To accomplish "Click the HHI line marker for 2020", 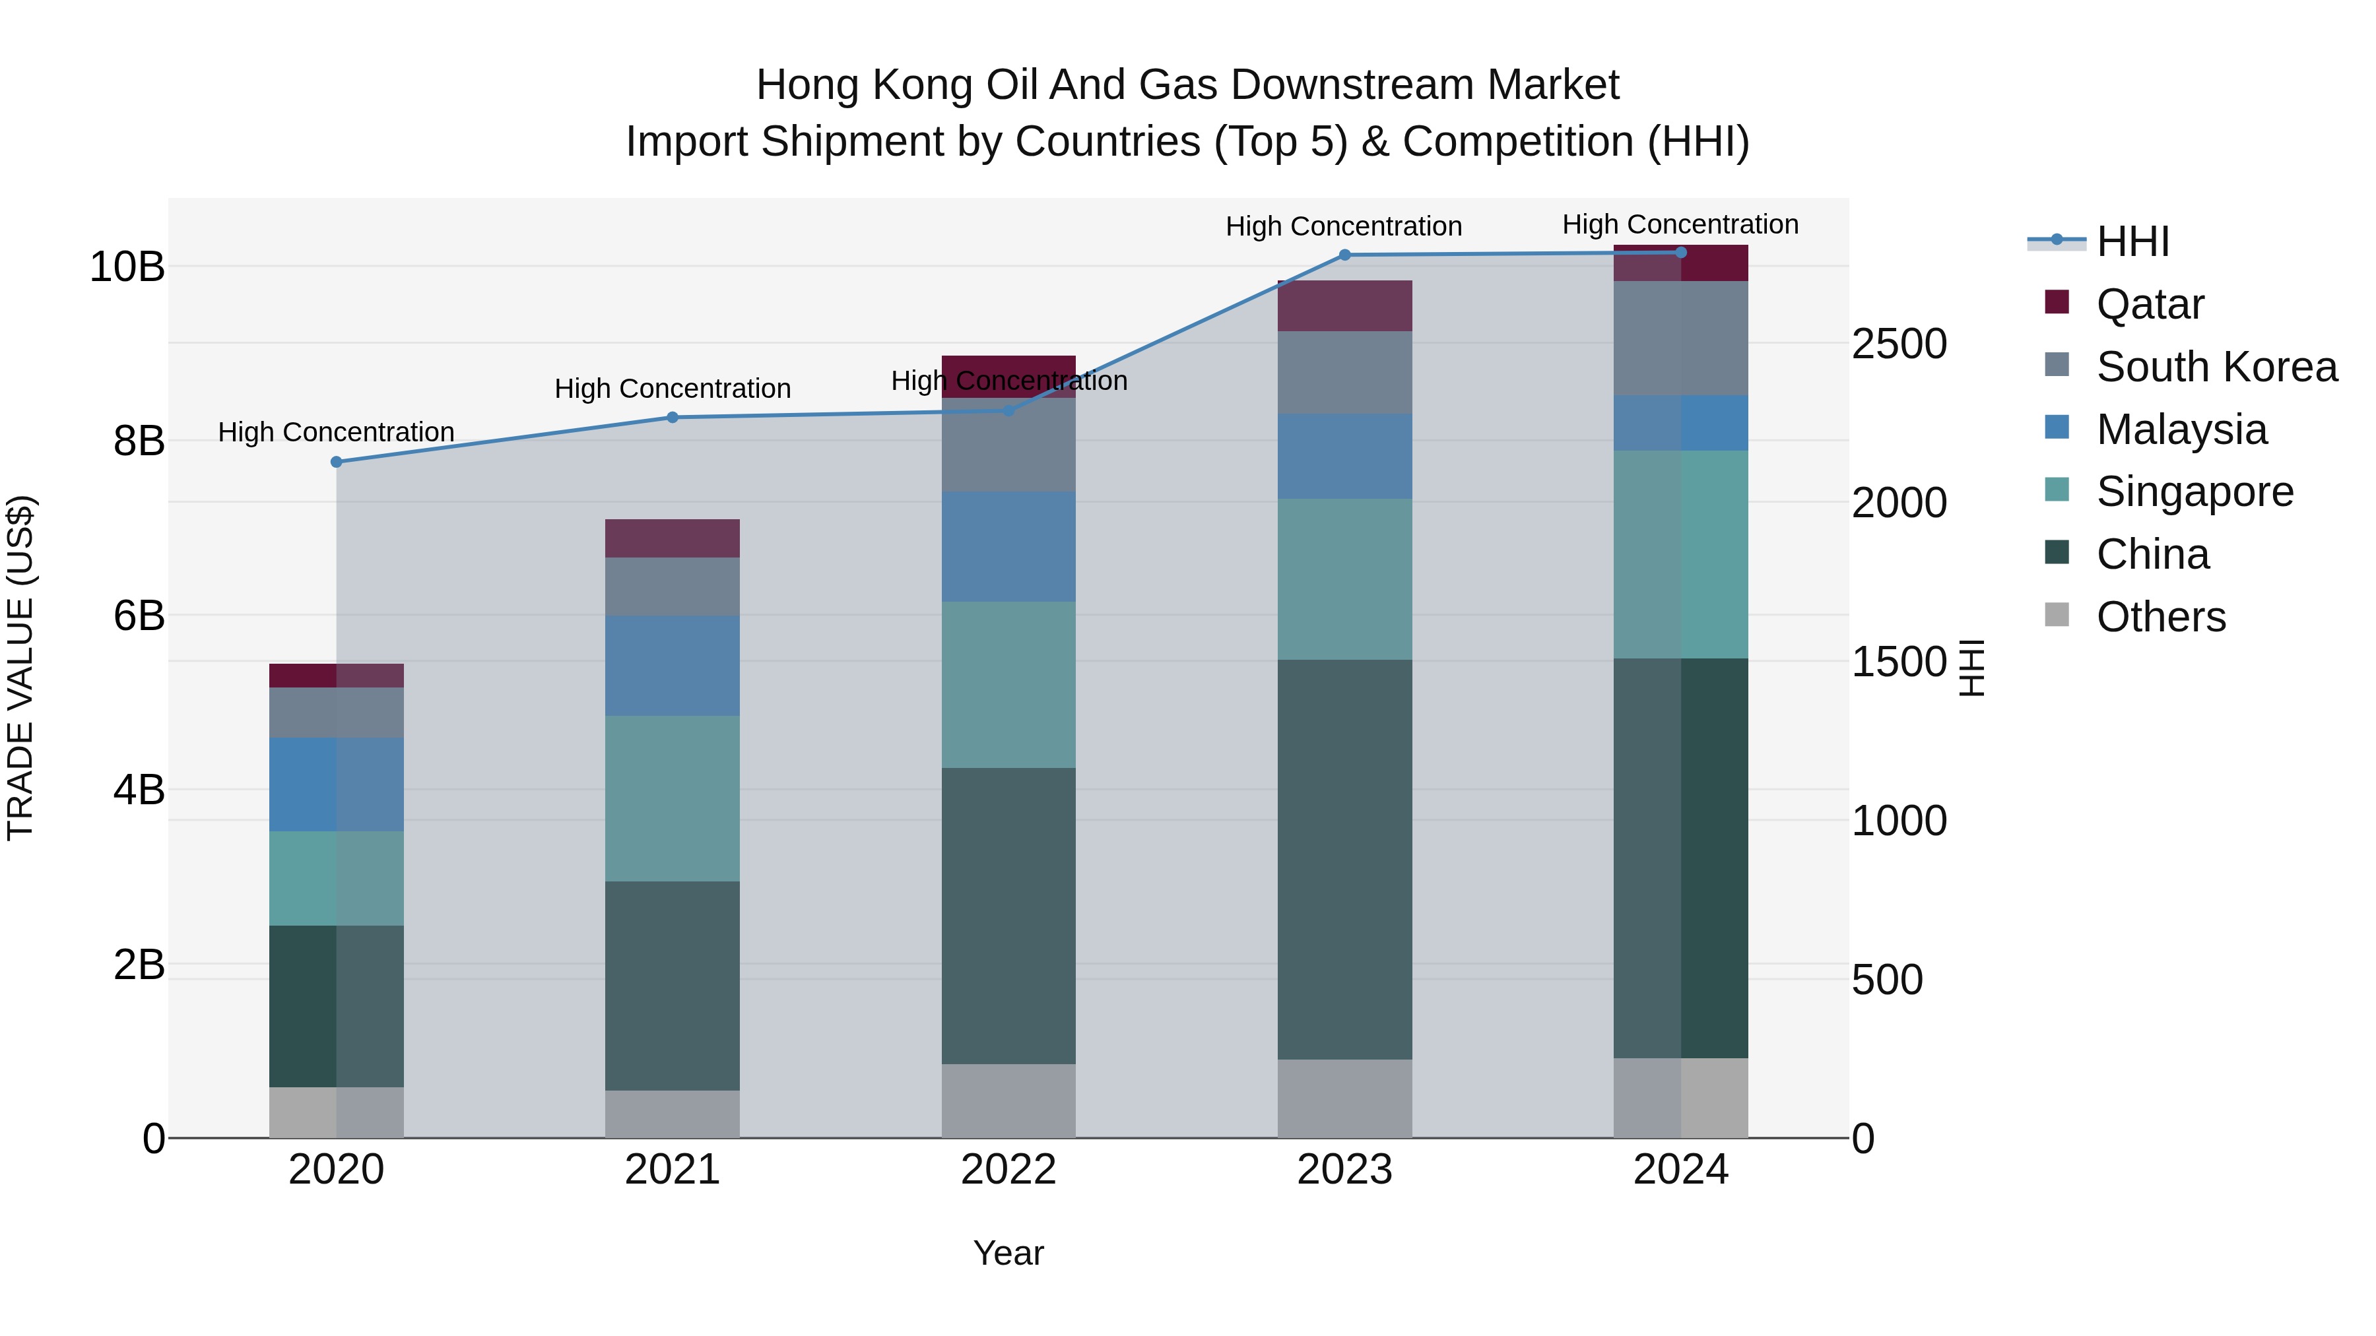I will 336,462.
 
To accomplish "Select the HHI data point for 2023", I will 1344,255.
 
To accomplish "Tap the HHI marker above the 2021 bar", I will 673,418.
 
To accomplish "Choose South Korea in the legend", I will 2216,367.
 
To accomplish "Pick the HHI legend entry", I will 2132,241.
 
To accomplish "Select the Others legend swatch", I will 2057,615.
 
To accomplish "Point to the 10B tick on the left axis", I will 126,267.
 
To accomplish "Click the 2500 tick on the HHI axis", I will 1899,344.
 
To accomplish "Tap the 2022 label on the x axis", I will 1008,1170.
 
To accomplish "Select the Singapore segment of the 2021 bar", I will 673,798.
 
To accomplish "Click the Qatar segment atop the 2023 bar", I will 1344,305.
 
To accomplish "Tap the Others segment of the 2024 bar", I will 1680,1097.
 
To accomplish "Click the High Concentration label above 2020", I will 336,432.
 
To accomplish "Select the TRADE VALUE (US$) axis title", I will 20,668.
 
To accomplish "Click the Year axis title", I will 1008,1253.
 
